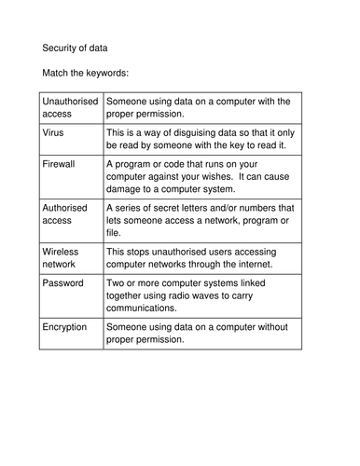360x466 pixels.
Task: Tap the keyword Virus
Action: tap(55, 133)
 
